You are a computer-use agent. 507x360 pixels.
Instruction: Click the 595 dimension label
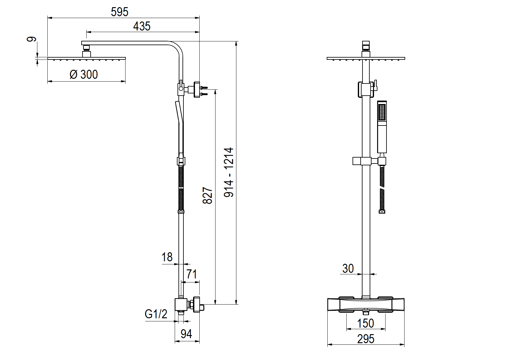point(120,12)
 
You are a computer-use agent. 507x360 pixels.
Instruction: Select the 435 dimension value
point(142,26)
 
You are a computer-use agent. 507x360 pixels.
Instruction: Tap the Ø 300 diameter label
point(84,74)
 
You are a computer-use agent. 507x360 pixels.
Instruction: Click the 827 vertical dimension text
point(208,196)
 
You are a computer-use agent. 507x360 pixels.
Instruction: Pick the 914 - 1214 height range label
point(229,172)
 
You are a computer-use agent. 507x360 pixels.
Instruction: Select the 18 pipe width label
point(167,257)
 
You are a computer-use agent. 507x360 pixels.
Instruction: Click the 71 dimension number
point(192,274)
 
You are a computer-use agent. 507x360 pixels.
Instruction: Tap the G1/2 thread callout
point(156,314)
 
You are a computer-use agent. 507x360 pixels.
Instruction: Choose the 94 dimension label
point(186,334)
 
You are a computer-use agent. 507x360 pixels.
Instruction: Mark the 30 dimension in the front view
point(348,268)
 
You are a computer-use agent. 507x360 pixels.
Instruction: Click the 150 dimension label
point(365,323)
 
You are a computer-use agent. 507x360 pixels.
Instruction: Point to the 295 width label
point(366,339)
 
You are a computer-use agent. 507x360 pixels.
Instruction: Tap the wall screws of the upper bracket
point(204,91)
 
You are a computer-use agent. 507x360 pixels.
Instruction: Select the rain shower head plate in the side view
point(87,58)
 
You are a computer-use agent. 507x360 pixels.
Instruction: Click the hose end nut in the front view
point(382,212)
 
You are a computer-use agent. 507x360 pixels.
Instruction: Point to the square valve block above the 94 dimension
point(181,305)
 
